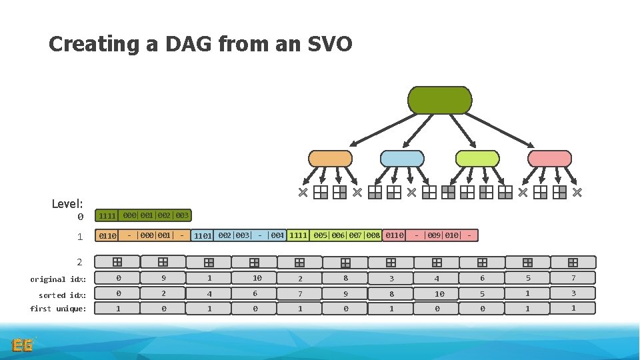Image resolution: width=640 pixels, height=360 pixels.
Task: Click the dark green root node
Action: click(x=439, y=100)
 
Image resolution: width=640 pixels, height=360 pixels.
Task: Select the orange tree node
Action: click(x=330, y=158)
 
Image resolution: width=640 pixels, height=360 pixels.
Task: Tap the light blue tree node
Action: click(x=401, y=158)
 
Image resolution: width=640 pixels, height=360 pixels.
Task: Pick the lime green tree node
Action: click(x=477, y=158)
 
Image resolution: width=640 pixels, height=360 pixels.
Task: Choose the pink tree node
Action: click(x=549, y=158)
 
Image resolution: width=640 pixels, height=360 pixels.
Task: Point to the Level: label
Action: click(x=67, y=203)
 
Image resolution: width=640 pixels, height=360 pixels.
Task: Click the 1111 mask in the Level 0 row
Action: click(x=107, y=216)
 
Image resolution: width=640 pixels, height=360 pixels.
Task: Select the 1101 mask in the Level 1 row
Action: click(x=203, y=235)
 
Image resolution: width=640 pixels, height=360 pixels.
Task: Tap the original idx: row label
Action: click(x=58, y=279)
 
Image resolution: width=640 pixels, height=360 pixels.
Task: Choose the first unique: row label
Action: click(x=58, y=309)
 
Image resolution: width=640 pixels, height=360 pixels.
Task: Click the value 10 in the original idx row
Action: click(x=257, y=278)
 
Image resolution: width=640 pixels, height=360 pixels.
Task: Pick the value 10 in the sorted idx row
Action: click(x=439, y=293)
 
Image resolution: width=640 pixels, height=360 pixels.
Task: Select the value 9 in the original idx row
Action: click(x=164, y=278)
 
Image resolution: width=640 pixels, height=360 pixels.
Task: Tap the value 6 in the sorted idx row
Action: click(x=254, y=293)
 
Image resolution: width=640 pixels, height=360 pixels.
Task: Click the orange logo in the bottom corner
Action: click(x=23, y=345)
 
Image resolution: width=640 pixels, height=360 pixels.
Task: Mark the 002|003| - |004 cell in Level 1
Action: click(x=251, y=235)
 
